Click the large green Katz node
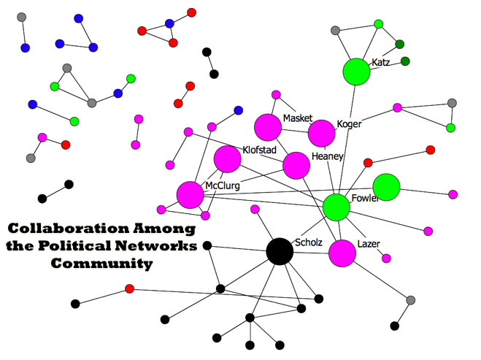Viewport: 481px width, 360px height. (357, 72)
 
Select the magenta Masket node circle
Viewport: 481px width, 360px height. (268, 127)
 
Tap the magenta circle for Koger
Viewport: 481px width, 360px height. (321, 134)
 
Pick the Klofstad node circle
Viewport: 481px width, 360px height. (227, 158)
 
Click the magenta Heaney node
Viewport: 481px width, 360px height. (296, 166)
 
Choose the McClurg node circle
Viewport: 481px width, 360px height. (190, 194)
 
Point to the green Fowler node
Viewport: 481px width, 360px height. (336, 207)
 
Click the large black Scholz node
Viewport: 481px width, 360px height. (279, 251)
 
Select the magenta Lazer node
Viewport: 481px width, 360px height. (342, 253)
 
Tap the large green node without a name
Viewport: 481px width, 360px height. (386, 187)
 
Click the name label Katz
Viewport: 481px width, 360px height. (380, 63)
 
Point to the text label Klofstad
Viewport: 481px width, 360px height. (258, 150)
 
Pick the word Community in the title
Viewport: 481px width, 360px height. (102, 263)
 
